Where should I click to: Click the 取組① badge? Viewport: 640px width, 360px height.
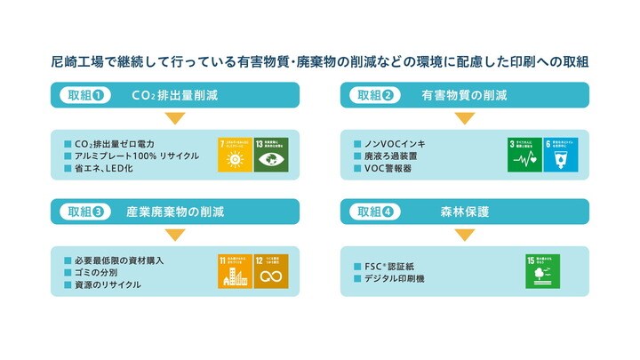pos(87,95)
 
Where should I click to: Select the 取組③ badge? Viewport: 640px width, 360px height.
pos(87,212)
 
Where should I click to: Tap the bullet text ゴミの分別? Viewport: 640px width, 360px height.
pos(99,273)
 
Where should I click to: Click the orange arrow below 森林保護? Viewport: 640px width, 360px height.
pos(465,236)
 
